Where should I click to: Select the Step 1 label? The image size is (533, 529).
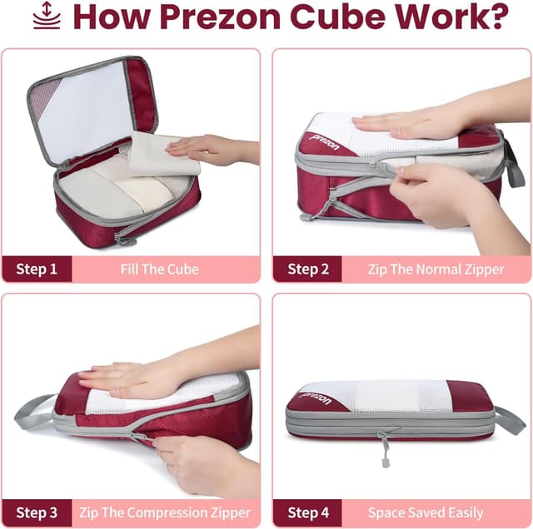[x=37, y=269]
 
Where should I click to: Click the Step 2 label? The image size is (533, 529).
[x=308, y=269]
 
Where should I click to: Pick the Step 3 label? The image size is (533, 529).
[x=37, y=512]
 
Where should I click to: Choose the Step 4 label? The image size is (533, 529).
[x=308, y=512]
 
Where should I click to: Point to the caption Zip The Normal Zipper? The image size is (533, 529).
[x=436, y=269]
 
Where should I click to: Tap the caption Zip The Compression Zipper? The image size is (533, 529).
[x=164, y=512]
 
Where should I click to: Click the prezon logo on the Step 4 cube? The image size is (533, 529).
[x=314, y=398]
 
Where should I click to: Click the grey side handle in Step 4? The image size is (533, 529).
[x=510, y=420]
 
